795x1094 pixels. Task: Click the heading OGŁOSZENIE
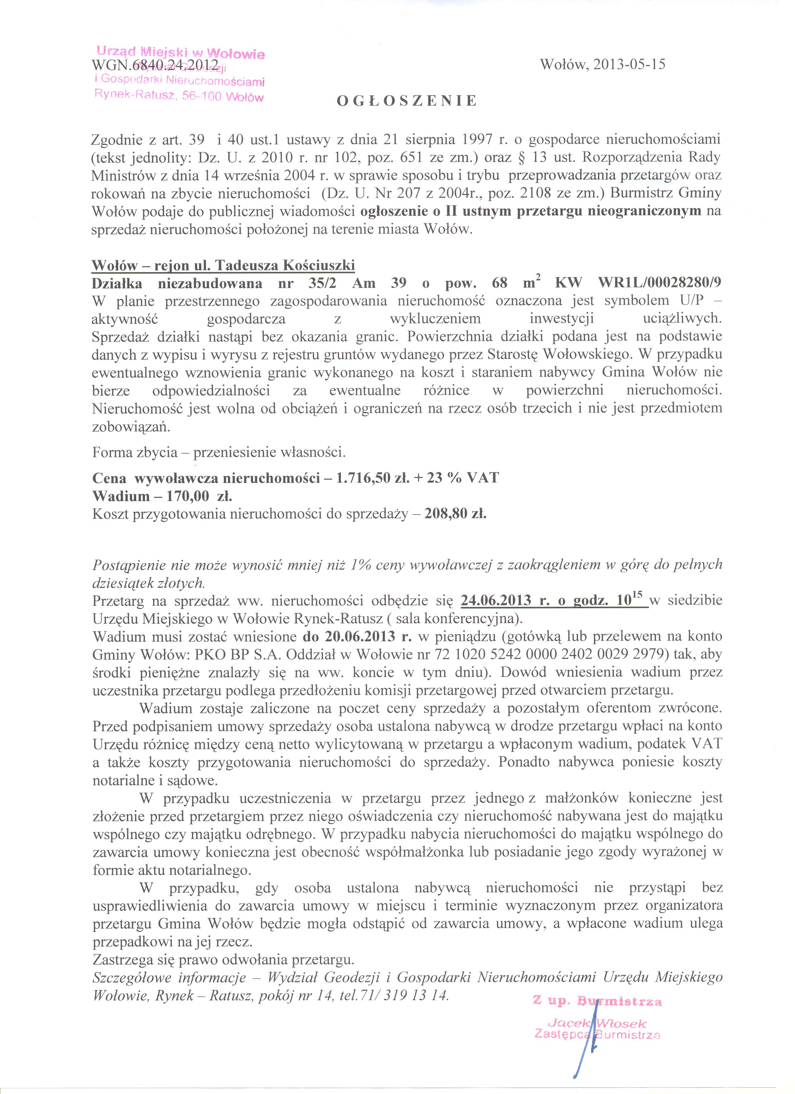click(406, 101)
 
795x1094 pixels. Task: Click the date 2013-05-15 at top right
click(629, 65)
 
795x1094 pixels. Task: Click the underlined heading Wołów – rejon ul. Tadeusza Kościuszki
click(223, 265)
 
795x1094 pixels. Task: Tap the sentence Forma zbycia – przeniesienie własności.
click(219, 453)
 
